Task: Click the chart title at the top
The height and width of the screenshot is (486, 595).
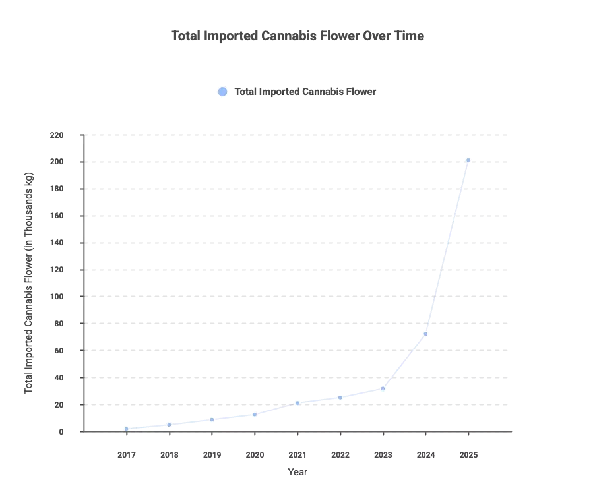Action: click(297, 35)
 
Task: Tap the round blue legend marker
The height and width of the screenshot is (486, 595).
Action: click(223, 92)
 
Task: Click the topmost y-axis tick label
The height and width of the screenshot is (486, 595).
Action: click(56, 137)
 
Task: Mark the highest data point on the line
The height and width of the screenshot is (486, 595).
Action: click(468, 160)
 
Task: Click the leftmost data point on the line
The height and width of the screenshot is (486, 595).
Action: click(126, 429)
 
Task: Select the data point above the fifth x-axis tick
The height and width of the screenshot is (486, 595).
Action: click(297, 402)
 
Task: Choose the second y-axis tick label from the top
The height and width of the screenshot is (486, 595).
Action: click(56, 163)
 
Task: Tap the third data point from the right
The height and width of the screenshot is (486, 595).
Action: click(383, 388)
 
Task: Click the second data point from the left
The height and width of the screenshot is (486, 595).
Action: click(169, 425)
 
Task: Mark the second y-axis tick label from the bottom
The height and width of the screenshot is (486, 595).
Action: click(57, 405)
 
